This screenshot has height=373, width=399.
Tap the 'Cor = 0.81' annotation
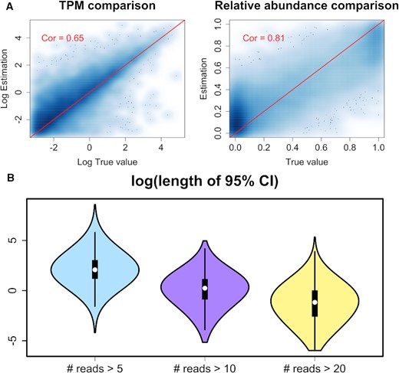[x=263, y=37]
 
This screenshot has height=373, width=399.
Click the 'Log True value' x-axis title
[x=107, y=163]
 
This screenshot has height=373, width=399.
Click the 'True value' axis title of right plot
[x=305, y=163]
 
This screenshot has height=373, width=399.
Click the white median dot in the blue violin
[x=95, y=270]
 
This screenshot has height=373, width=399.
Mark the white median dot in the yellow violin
[x=315, y=303]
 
